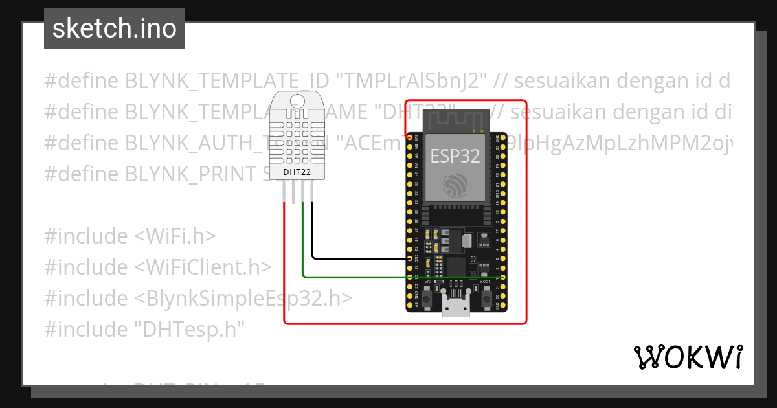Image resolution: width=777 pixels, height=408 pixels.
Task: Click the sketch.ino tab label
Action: (115, 28)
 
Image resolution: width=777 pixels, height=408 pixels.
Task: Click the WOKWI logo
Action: (688, 357)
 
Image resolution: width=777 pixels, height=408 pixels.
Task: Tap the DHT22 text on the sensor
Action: (298, 172)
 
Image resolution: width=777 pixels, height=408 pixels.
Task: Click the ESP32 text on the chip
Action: (456, 155)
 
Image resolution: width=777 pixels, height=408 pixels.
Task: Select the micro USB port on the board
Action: (456, 305)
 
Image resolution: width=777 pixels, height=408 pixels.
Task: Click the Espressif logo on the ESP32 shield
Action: (456, 185)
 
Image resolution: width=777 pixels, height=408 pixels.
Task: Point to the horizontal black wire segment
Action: (359, 258)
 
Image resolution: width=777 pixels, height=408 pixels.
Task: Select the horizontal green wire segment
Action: (401, 277)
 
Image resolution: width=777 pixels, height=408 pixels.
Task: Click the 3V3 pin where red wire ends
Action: (410, 137)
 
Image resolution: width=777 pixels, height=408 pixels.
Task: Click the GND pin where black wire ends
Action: (410, 258)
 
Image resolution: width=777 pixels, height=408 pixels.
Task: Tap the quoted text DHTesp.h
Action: (189, 330)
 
